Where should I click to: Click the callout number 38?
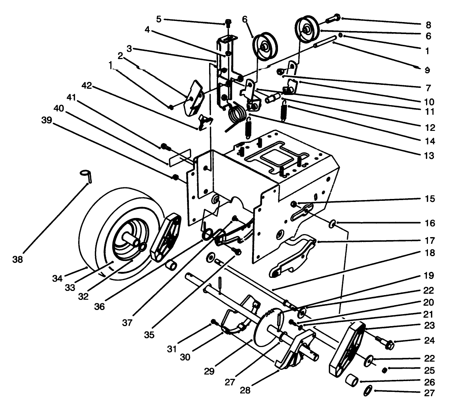18,259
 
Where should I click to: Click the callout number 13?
430,156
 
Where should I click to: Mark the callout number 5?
159,19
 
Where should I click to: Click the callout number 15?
430,199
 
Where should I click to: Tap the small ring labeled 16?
332,224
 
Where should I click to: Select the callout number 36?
100,306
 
